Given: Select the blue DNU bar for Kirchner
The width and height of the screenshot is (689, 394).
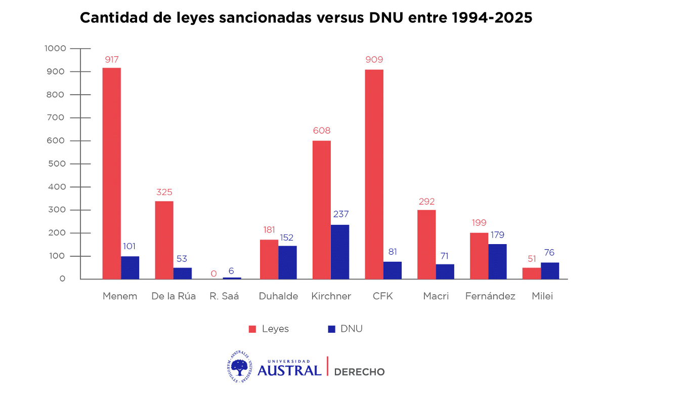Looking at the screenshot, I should coord(340,252).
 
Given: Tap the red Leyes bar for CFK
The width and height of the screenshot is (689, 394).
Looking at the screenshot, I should coord(374,174).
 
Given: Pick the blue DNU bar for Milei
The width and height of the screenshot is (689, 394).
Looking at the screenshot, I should coord(550,270).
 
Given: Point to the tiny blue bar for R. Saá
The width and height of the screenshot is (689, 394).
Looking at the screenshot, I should coord(232,278).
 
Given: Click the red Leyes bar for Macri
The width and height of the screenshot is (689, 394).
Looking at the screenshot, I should coord(426,244).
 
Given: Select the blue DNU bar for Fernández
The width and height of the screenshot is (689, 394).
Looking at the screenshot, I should coord(497,261).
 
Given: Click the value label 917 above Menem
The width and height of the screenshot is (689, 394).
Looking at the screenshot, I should coord(111,60).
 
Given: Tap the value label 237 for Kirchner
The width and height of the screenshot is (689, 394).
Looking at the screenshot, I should coord(341,214).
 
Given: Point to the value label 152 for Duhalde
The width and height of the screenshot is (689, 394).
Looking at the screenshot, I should coord(286,238).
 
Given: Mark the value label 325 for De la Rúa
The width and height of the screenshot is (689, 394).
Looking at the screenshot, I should coord(164,192).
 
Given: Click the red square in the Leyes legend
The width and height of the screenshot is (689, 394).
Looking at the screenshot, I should coord(252,329).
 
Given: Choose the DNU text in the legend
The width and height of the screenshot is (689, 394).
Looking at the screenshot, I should coord(352,329).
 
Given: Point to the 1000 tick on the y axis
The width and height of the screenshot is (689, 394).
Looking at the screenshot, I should coord(55,49).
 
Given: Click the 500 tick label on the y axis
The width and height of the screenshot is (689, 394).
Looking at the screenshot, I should coord(57,164).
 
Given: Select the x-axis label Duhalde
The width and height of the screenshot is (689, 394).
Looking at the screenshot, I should coord(278,296).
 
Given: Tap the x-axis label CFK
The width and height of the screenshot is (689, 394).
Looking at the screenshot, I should coord(383,296).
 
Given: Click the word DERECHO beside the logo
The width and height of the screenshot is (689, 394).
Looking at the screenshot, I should coord(360,372).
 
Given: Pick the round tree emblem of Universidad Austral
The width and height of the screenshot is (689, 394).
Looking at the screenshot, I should coord(239,367).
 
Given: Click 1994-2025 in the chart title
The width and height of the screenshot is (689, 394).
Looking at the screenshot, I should coord(492,18).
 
